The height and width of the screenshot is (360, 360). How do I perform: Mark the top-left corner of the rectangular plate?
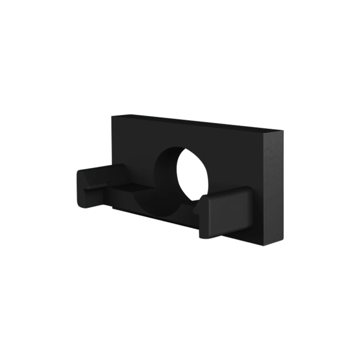point(112,115)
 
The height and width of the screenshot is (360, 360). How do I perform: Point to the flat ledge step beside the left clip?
point(126,188)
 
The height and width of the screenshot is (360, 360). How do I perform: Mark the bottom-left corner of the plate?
point(112,207)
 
